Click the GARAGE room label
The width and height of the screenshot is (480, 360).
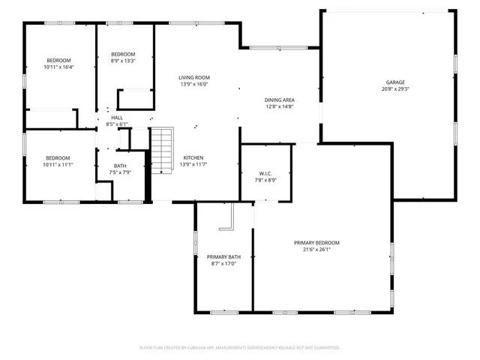click(395, 82)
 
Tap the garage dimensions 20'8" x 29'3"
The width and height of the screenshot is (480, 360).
click(395, 88)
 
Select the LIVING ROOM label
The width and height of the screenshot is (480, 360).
click(193, 78)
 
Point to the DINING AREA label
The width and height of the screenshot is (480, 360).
click(278, 100)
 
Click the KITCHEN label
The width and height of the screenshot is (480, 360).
click(193, 157)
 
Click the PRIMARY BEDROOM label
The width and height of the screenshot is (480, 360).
click(316, 242)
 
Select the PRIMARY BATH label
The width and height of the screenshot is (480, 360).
click(223, 256)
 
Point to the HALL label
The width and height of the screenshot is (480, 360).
click(117, 118)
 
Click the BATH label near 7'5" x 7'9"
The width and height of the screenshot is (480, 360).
click(120, 166)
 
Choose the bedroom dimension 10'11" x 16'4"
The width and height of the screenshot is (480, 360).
click(58, 67)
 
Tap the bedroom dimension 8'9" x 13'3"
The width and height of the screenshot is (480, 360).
click(123, 61)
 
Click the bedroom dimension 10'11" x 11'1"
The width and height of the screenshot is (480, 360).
click(58, 164)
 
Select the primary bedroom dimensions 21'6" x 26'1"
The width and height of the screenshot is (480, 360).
click(316, 249)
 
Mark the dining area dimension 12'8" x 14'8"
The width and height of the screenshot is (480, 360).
click(278, 106)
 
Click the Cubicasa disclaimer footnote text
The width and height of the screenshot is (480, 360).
click(240, 347)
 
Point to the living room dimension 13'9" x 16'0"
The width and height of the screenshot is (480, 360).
click(193, 85)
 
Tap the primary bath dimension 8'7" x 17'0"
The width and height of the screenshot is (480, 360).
click(223, 263)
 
